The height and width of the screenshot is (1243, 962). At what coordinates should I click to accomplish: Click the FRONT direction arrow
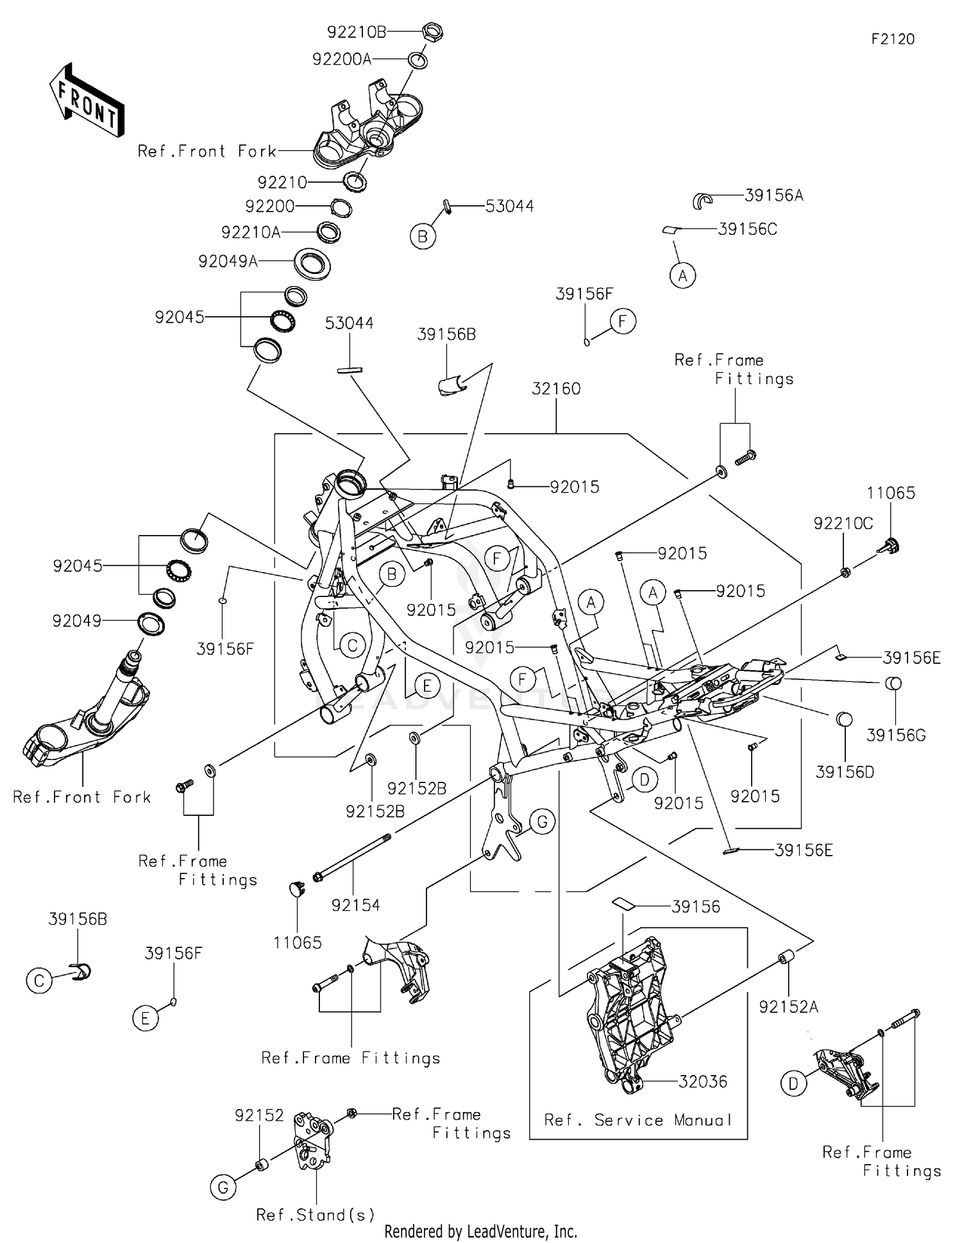[87, 99]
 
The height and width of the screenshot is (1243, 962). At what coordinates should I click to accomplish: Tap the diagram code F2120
[893, 39]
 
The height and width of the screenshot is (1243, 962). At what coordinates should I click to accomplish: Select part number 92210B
[357, 32]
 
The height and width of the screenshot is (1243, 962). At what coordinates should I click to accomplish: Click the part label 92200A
[342, 59]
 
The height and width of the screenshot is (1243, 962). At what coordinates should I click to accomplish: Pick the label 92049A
[228, 261]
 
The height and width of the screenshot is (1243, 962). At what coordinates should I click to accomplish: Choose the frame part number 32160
[556, 389]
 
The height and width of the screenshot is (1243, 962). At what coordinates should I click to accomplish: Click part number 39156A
[773, 196]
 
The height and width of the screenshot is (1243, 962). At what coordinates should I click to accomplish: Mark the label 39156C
[747, 229]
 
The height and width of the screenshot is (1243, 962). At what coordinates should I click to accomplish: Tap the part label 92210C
[843, 523]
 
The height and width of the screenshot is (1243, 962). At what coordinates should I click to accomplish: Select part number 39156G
[896, 735]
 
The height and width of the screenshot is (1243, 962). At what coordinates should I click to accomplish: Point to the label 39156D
[845, 772]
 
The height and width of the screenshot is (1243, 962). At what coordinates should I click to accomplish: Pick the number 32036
[703, 1081]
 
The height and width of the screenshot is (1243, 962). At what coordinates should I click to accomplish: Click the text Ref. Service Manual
[638, 1120]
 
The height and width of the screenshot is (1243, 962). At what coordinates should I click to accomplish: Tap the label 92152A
[789, 1007]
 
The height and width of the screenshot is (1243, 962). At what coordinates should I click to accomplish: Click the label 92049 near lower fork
[77, 621]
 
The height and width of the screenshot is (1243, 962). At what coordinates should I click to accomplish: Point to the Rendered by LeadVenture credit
[480, 1231]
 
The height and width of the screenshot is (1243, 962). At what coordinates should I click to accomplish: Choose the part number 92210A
[251, 232]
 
